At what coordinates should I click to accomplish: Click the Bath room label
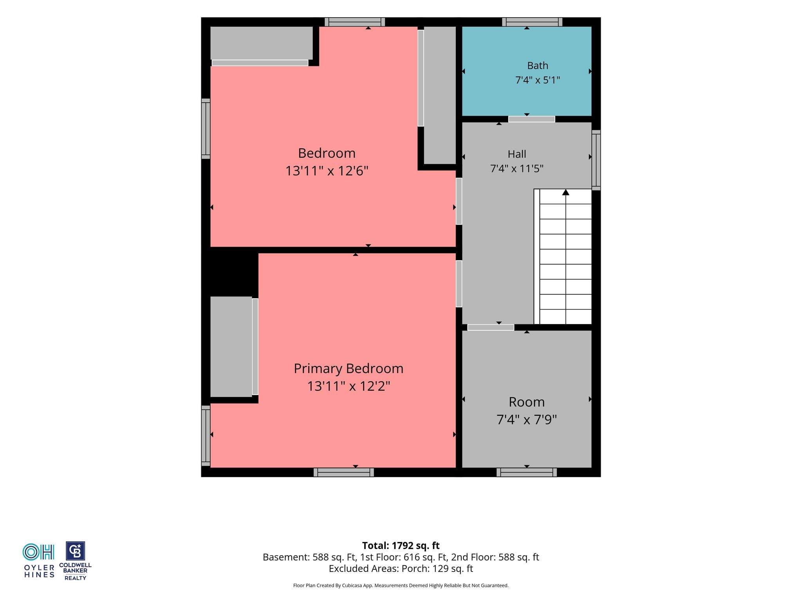[x=537, y=65]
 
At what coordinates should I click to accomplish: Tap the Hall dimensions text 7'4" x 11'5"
[x=517, y=169]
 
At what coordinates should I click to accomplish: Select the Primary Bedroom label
[x=349, y=368]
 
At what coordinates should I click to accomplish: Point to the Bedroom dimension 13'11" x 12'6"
[x=327, y=171]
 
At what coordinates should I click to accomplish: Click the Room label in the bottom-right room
[x=527, y=402]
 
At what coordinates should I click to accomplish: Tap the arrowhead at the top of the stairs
[x=565, y=192]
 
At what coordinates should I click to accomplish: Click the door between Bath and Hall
[x=531, y=119]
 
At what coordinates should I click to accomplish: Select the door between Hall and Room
[x=491, y=327]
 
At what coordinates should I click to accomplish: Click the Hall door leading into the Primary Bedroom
[x=459, y=284]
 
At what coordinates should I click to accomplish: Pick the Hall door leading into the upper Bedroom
[x=459, y=201]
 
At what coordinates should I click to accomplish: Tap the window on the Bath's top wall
[x=532, y=22]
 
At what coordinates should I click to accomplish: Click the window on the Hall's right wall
[x=596, y=160]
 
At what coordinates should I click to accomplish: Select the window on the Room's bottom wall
[x=527, y=472]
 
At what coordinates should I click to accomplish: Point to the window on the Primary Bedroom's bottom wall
[x=344, y=472]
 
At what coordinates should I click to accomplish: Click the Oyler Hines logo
[x=39, y=560]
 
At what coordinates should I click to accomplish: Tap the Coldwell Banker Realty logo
[x=75, y=561]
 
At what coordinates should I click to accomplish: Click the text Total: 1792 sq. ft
[x=401, y=546]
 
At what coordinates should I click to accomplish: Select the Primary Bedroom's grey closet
[x=231, y=346]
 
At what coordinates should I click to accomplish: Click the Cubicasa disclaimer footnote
[x=401, y=586]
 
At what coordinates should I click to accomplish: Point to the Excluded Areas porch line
[x=401, y=568]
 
